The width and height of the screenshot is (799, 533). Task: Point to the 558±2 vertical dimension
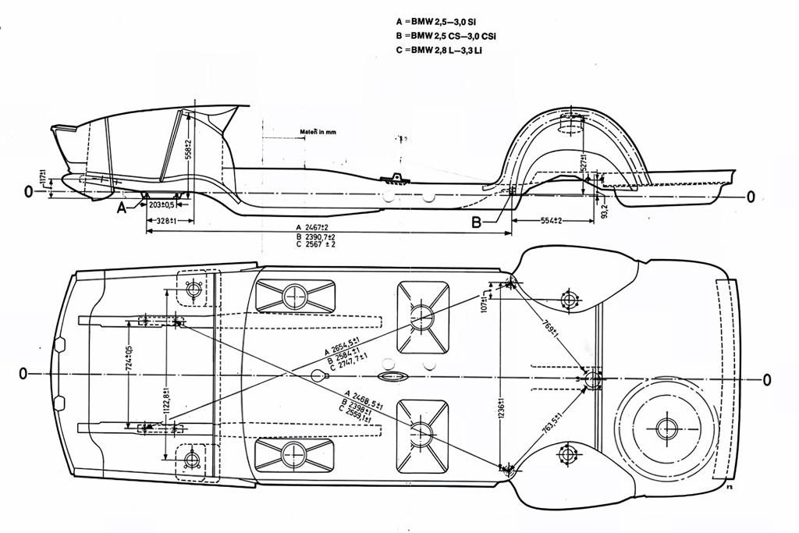coord(187,148)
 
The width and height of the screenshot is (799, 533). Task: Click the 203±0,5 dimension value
coord(162,204)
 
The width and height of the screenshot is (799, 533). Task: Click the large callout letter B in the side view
coord(477,222)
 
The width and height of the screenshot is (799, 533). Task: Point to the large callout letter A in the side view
coord(122,208)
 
